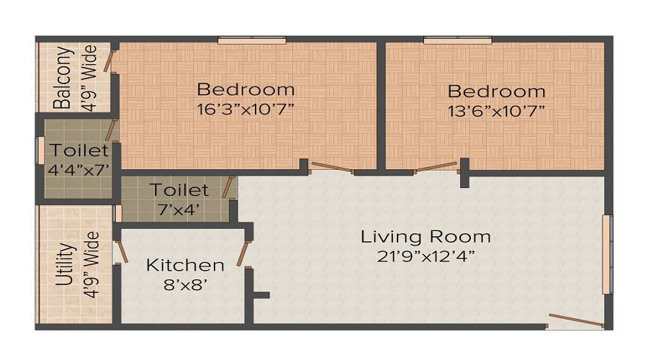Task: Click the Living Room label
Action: click(426, 236)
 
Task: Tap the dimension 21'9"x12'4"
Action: click(426, 256)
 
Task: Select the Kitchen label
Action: click(185, 265)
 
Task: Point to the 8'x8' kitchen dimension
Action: click(185, 284)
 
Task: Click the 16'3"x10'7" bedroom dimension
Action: click(246, 109)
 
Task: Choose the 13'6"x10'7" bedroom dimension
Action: click(496, 110)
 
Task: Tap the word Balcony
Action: click(64, 77)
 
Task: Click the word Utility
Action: click(64, 264)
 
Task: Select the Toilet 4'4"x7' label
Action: click(78, 160)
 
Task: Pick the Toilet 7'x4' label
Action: click(179, 199)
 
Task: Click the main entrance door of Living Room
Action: click(576, 320)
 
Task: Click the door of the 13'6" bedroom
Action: click(436, 168)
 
